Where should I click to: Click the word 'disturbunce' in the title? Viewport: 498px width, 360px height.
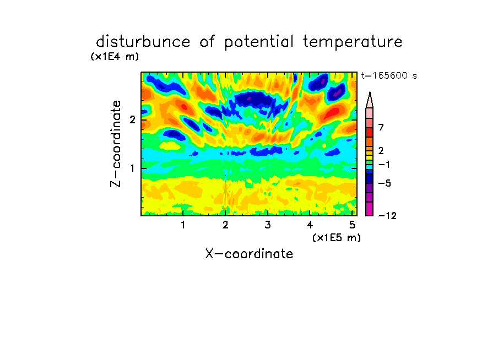143,42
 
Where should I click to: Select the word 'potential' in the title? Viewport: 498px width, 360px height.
259,42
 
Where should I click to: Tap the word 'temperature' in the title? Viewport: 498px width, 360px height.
353,42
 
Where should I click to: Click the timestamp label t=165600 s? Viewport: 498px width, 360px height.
389,75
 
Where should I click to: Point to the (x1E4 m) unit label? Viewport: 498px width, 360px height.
115,57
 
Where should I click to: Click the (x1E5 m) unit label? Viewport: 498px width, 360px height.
337,237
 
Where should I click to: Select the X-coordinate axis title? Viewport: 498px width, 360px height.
249,254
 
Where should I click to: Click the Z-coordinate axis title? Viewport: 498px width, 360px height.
116,144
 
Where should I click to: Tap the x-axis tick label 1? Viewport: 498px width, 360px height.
183,225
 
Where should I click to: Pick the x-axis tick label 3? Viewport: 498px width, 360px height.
268,225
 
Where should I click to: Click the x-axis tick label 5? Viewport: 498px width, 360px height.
352,225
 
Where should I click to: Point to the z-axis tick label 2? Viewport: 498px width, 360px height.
132,119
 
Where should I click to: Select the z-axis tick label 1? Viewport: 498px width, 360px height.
132,168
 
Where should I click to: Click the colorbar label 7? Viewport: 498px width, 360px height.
381,127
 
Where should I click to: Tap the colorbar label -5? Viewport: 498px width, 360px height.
385,183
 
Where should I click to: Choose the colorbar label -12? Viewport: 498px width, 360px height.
387,216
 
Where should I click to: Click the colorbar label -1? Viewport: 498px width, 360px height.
384,165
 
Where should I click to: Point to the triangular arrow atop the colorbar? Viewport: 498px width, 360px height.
370,100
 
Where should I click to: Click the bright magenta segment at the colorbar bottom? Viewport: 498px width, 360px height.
370,209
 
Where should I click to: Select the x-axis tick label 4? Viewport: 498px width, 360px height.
310,225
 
